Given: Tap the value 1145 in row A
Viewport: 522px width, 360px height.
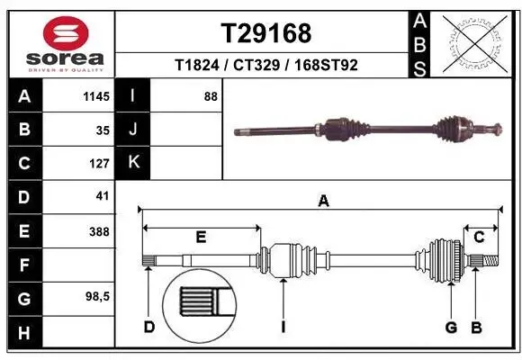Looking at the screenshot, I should pos(96,96).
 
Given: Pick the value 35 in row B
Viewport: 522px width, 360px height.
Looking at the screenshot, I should pos(102,130).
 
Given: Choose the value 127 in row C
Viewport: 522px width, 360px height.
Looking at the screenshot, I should pos(99,164).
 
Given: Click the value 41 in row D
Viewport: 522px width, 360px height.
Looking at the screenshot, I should pos(102,196).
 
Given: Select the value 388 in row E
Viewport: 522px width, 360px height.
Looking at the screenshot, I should pos(99,231).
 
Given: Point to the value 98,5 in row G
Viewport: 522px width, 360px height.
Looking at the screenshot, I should pos(97,297).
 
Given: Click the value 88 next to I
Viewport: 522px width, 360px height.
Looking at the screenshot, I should pos(210,96).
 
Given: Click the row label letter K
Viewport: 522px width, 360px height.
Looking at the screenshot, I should pos(132,163).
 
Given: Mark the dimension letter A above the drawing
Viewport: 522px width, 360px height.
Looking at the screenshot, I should pos(323,202).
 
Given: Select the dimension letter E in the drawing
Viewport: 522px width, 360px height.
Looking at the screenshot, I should pos(202,238).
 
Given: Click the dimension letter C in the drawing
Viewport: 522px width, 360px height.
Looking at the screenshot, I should pos(480,238).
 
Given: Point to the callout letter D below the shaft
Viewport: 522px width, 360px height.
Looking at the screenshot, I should pos(149,327).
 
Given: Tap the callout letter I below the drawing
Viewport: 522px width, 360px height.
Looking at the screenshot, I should pos(283,327).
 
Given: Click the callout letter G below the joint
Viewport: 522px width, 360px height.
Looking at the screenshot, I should pos(451,327).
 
